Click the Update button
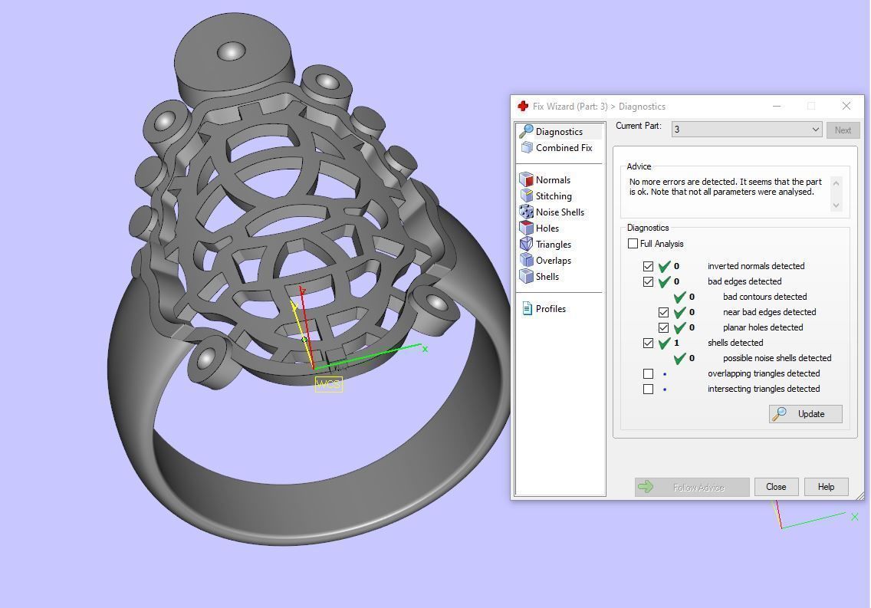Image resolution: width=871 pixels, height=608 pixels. [x=805, y=414]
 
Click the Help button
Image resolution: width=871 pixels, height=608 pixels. [x=826, y=487]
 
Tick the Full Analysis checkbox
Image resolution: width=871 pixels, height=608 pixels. [x=633, y=244]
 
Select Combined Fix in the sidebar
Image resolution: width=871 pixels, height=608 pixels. [x=563, y=148]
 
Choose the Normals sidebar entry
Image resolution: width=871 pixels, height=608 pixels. [x=552, y=180]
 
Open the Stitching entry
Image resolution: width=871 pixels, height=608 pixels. [x=553, y=196]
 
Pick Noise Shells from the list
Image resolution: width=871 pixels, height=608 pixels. [x=559, y=212]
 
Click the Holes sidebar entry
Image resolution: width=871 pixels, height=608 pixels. [x=547, y=228]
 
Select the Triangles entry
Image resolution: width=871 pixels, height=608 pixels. [x=553, y=245]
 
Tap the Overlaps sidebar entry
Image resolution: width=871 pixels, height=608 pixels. [x=553, y=261]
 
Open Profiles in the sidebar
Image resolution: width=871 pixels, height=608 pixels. [x=550, y=309]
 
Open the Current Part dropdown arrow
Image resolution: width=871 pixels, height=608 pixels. [x=815, y=130]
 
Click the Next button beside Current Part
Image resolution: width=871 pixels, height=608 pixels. [x=843, y=130]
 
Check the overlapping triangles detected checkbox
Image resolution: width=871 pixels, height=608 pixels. [x=649, y=374]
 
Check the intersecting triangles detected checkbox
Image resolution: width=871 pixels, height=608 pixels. [x=649, y=389]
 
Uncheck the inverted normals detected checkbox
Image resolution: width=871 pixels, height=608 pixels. [x=649, y=267]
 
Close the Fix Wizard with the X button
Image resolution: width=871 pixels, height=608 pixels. [x=846, y=106]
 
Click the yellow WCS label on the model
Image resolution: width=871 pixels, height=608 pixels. [x=328, y=384]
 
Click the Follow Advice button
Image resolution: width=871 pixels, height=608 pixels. [x=692, y=488]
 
